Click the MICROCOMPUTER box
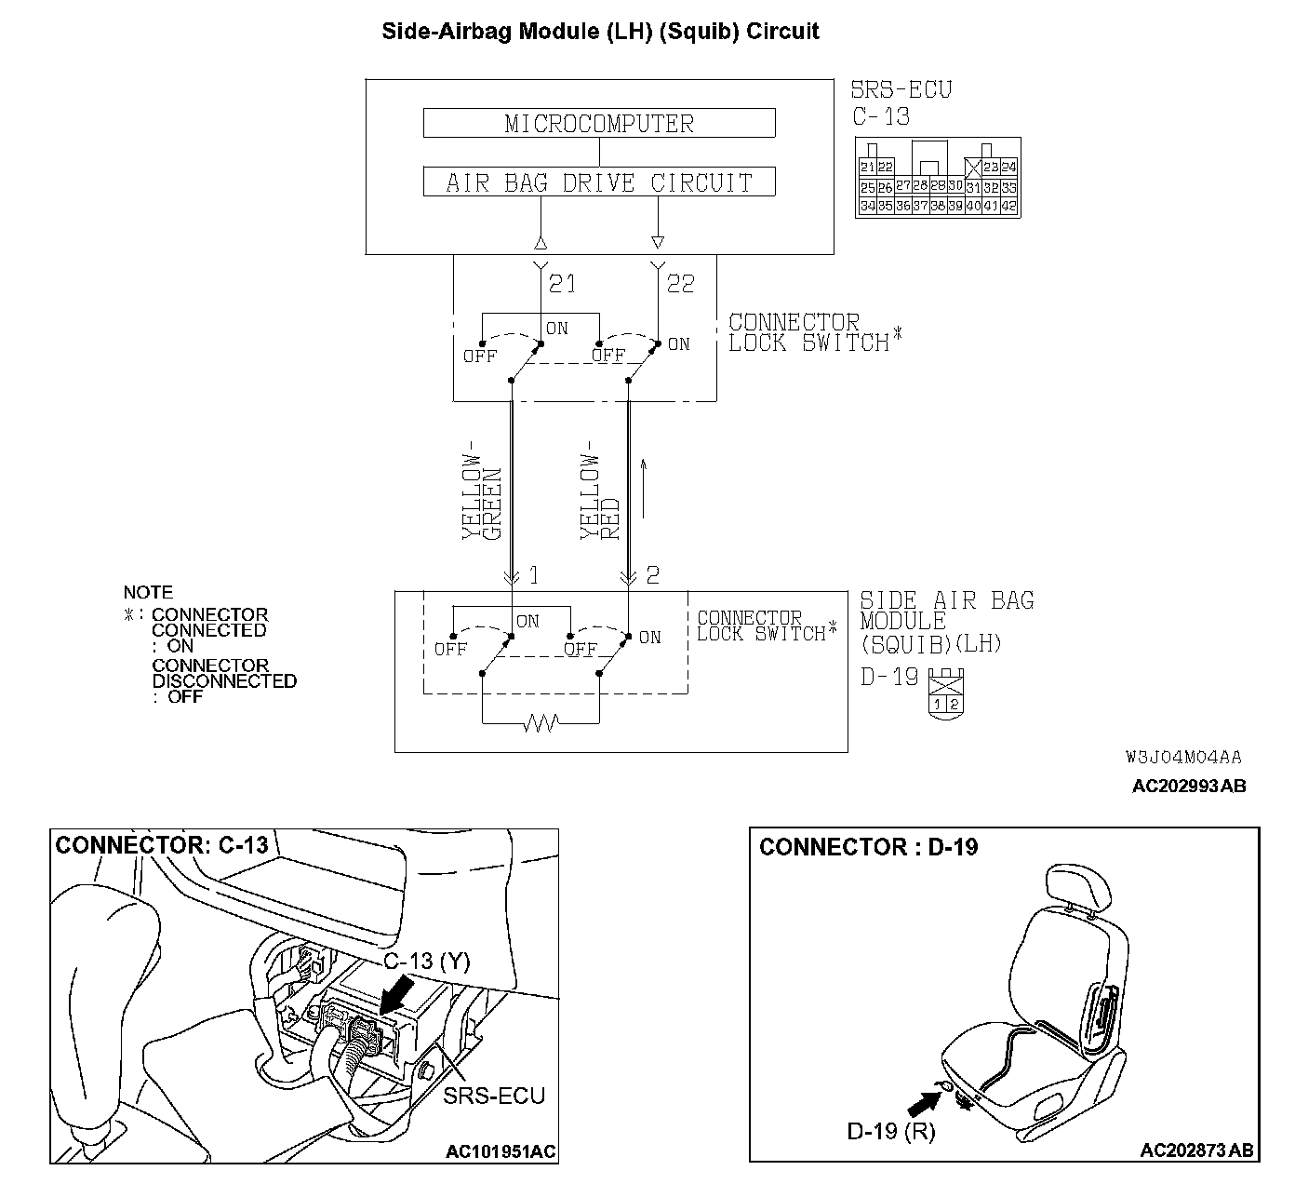(x=599, y=123)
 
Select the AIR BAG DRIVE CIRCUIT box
(x=599, y=182)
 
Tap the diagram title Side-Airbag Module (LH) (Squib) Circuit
(x=600, y=31)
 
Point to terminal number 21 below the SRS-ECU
(x=562, y=283)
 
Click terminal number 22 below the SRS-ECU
(x=681, y=283)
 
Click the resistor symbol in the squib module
(x=541, y=722)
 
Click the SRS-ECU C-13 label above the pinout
(x=901, y=103)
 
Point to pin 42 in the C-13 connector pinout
(x=1008, y=206)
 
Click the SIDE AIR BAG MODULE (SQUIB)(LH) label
(x=946, y=622)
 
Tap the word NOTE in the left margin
(x=148, y=592)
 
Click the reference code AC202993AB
(x=1189, y=787)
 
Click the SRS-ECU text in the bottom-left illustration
(x=493, y=1096)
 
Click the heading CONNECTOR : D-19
(x=868, y=847)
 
